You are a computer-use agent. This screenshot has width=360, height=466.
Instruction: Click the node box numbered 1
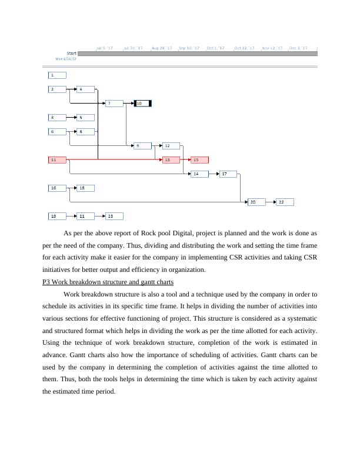(57, 75)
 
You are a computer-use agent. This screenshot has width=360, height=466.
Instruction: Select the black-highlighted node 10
(143, 104)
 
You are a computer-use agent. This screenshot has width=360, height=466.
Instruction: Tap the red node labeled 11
(57, 159)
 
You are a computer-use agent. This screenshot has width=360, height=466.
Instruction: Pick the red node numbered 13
(171, 159)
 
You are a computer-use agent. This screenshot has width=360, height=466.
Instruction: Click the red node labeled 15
(199, 159)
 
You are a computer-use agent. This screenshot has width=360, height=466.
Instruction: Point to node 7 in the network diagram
(114, 104)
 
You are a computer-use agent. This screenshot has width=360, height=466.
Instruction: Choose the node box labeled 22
(285, 202)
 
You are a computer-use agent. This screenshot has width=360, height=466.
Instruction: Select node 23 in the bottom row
(114, 216)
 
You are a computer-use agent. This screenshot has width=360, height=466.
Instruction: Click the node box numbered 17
(228, 174)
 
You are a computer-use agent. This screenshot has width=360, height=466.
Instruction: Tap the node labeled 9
(142, 145)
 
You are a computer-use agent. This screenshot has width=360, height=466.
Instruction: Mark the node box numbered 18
(86, 188)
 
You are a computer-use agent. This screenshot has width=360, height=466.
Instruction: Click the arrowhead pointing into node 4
(75, 89)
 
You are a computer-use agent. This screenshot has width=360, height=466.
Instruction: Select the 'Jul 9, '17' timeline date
(105, 48)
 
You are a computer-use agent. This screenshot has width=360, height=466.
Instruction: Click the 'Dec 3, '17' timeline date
(298, 48)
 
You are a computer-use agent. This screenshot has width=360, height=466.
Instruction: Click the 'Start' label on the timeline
(72, 54)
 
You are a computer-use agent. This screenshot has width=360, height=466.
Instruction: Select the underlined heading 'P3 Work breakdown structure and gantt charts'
(108, 282)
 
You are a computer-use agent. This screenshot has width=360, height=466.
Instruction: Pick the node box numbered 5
(86, 118)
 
